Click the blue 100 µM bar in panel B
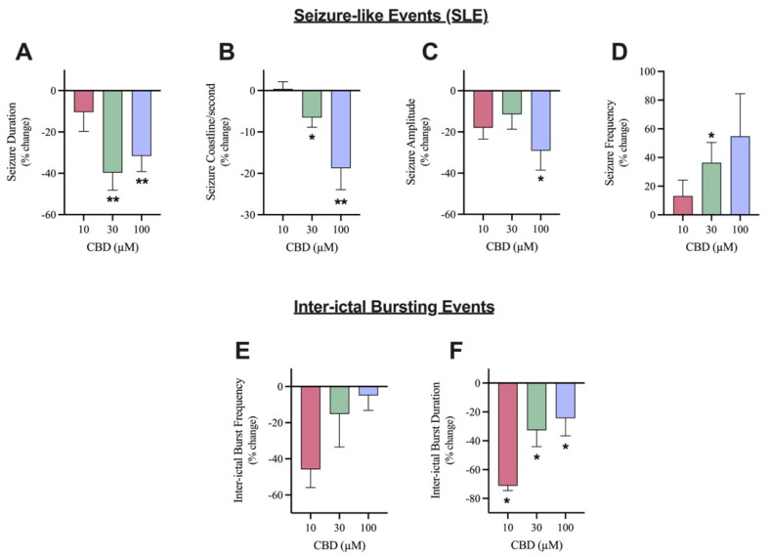(x=341, y=129)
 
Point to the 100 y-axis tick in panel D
(x=649, y=71)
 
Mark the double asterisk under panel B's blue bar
(x=342, y=203)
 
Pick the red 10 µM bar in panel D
(x=684, y=204)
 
